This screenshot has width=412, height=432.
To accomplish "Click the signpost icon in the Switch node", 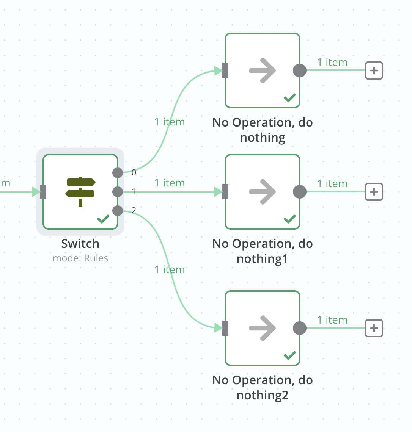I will [x=80, y=191].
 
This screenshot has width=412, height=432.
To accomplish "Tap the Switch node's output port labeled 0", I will [x=118, y=173].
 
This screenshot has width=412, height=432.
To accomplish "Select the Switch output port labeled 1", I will [x=118, y=191].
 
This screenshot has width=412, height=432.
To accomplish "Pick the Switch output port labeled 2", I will [x=118, y=210].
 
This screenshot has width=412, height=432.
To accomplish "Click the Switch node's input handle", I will [x=43, y=192].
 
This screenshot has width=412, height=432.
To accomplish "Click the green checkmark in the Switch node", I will [x=103, y=219].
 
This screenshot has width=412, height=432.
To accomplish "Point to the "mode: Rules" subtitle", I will [x=80, y=258].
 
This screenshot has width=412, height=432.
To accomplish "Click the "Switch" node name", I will [x=80, y=244].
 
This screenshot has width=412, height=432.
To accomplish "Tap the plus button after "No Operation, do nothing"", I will [x=374, y=70].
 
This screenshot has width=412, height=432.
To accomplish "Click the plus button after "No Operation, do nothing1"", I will [x=374, y=192].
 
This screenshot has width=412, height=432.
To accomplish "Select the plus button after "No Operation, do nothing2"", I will [x=374, y=328].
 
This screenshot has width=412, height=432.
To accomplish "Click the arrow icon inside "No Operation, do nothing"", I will [x=263, y=70].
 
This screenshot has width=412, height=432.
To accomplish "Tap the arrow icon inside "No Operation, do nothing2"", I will [x=263, y=328].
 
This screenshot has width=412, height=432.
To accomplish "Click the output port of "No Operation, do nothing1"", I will [x=300, y=192].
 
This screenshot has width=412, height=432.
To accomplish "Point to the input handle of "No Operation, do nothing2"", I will [x=225, y=328].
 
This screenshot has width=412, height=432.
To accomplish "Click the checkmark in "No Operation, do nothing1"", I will [x=290, y=219].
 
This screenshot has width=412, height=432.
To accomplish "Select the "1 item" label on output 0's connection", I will [x=170, y=122].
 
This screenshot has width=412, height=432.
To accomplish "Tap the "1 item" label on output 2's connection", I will [x=170, y=270].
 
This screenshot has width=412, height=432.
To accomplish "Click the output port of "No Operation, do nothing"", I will [x=300, y=70].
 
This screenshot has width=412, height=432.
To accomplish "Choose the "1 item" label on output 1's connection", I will [x=170, y=183].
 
